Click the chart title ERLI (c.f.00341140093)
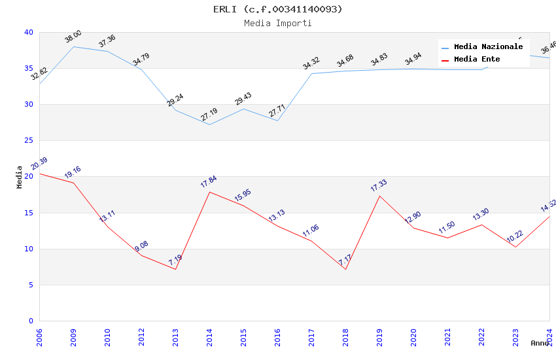[x=277, y=9]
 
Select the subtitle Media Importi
[x=277, y=23]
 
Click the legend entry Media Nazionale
[x=488, y=47]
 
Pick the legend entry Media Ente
[x=477, y=60]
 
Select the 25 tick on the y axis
[x=28, y=141]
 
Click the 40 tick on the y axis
[x=28, y=32]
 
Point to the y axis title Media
[x=20, y=177]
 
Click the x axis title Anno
[x=540, y=343]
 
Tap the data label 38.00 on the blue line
[x=73, y=37]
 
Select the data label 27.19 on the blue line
[x=209, y=115]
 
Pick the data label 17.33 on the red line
[x=379, y=185]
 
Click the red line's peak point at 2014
[x=209, y=192]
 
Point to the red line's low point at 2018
[x=345, y=269]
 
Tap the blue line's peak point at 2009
[x=73, y=46]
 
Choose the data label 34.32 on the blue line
[x=311, y=63]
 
